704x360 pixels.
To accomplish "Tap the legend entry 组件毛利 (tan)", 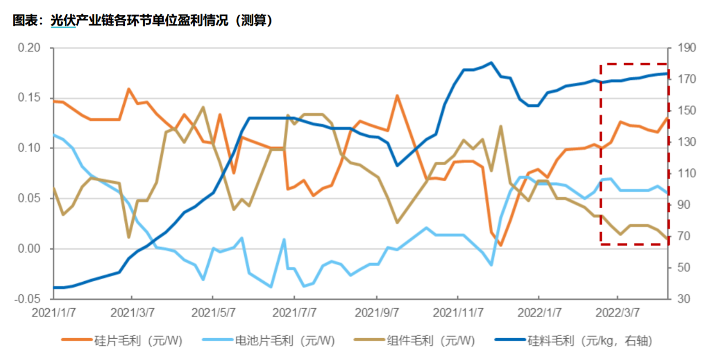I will pyautogui.click(x=430, y=340).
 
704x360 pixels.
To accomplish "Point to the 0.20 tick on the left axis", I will pyautogui.click(x=30, y=48).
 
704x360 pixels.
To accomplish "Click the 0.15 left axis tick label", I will pyautogui.click(x=30, y=98).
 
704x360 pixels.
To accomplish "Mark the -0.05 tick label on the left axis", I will pyautogui.click(x=29, y=299).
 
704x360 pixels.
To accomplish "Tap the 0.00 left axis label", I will pyautogui.click(x=30, y=249).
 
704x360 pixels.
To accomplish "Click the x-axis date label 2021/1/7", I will pyautogui.click(x=53, y=313).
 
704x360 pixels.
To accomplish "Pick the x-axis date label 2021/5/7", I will pyautogui.click(x=212, y=313).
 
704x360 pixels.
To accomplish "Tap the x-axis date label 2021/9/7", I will pyautogui.click(x=376, y=313).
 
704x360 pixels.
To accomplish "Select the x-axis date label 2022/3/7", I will pyautogui.click(x=617, y=313).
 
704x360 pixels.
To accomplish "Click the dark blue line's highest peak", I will pyautogui.click(x=491, y=63).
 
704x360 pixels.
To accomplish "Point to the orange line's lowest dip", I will pyautogui.click(x=500, y=246).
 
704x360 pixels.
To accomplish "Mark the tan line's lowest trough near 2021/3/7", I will pyautogui.click(x=128, y=237).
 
